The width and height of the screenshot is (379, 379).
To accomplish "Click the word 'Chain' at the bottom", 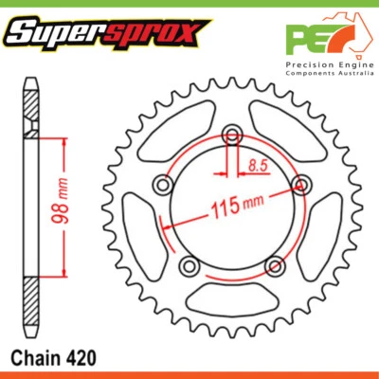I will coord(36,359).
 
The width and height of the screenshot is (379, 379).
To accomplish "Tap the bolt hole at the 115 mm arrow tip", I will coord(301,183).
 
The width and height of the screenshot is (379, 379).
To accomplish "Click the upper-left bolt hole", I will coord(160,186).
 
